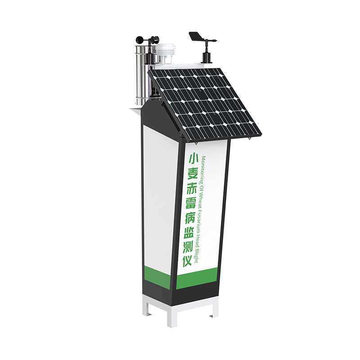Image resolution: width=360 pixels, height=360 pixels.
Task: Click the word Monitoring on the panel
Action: pos(202,171)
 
